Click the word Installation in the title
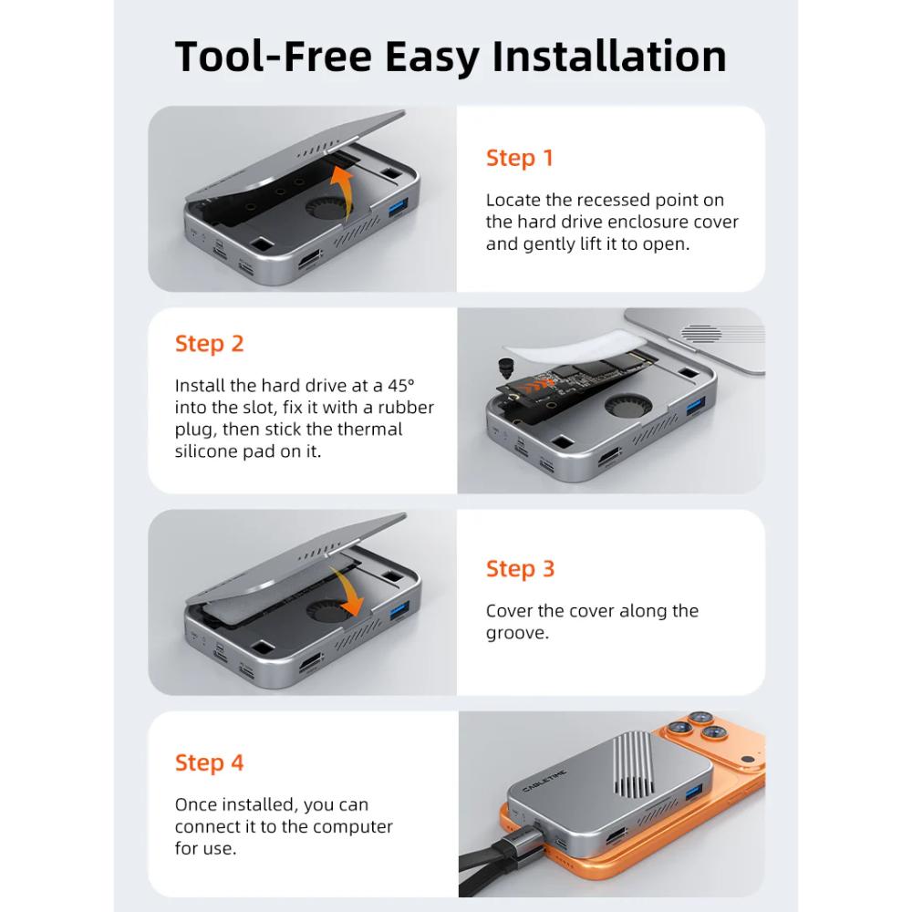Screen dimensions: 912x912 [x=609, y=57]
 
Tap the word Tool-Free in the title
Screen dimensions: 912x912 [x=274, y=57]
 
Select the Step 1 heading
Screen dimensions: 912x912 [x=520, y=159]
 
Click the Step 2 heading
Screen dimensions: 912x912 [x=210, y=345]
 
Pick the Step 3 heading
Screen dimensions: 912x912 [x=521, y=569]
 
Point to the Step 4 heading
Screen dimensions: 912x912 [x=210, y=763]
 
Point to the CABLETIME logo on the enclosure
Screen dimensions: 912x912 [x=544, y=780]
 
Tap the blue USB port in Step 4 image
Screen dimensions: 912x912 [x=693, y=793]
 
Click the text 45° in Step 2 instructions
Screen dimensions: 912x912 [x=401, y=386]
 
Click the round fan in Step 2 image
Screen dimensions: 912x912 [x=627, y=405]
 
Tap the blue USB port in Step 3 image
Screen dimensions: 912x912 [x=399, y=611]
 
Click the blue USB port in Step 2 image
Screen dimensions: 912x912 [x=696, y=406]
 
